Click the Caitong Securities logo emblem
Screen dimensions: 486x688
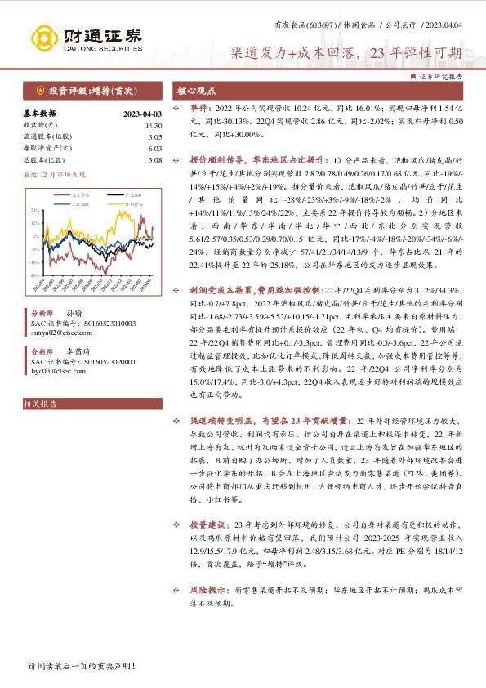click(44, 38)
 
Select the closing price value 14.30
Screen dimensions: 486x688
click(154, 126)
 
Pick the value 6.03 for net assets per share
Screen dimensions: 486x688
click(155, 149)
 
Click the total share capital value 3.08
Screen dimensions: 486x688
click(155, 160)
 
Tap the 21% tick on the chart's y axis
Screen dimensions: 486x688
click(34, 210)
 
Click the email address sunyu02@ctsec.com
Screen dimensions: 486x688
click(62, 333)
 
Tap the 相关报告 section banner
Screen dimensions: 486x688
click(39, 403)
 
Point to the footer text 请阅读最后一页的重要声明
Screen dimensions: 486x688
click(82, 667)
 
